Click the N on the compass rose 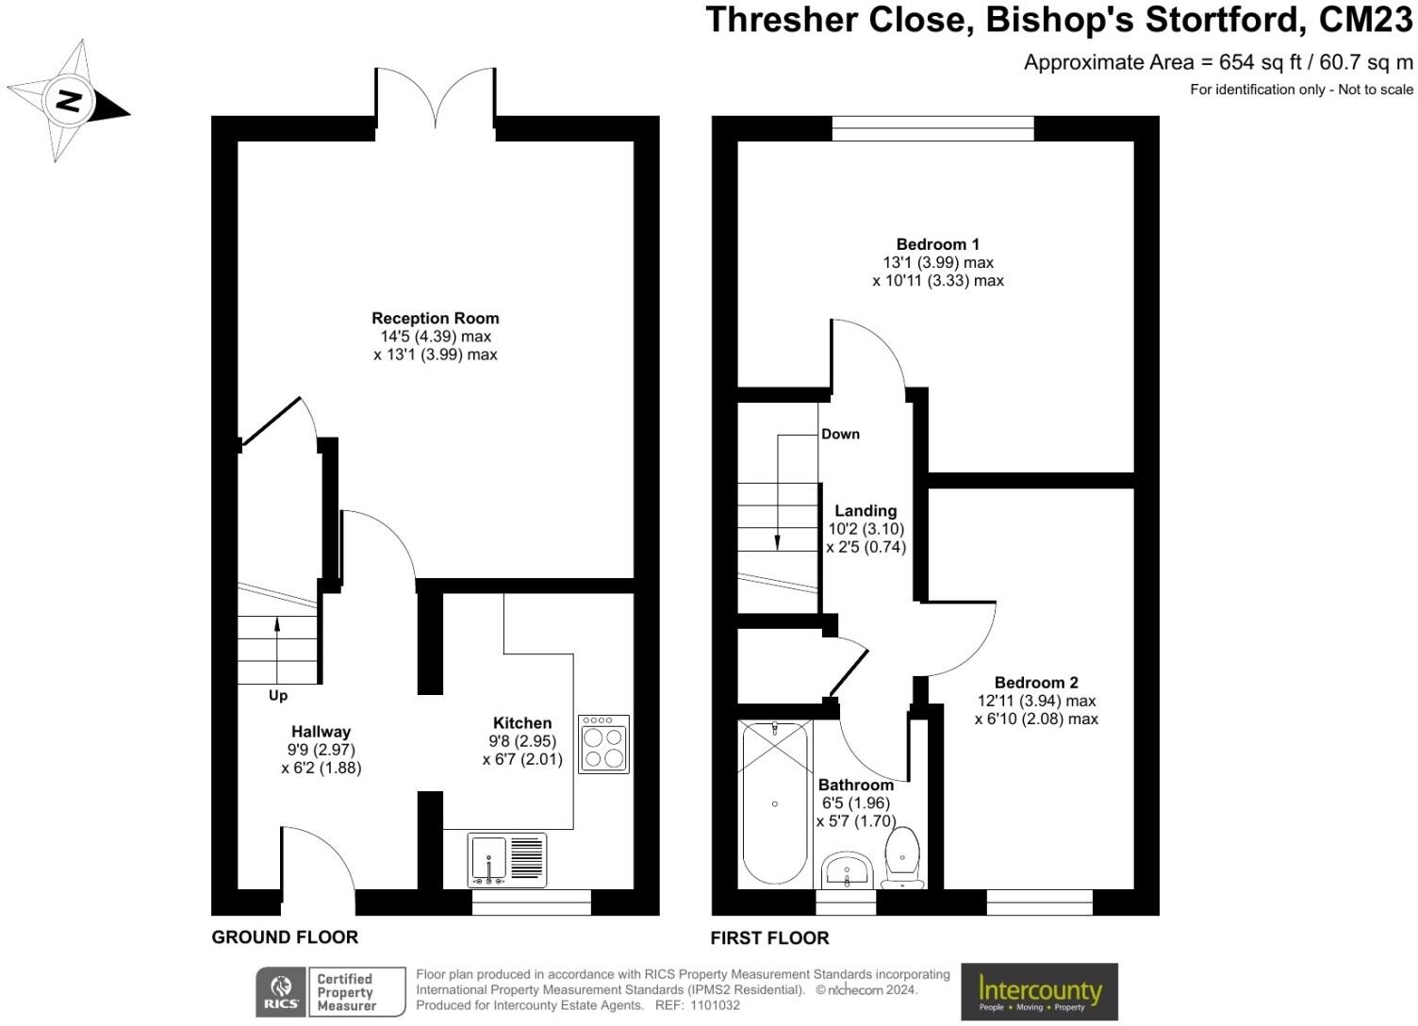click(x=69, y=101)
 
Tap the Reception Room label click(x=436, y=318)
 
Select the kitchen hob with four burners click(x=604, y=744)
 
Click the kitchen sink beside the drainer click(x=488, y=860)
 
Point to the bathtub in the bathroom click(x=775, y=803)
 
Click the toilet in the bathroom click(x=902, y=857)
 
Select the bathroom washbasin click(x=847, y=870)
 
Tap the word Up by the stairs click(x=278, y=696)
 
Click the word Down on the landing click(x=840, y=434)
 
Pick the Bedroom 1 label click(x=937, y=244)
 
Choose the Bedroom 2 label click(x=1036, y=682)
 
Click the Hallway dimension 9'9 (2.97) click(x=321, y=750)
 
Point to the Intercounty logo click(x=1039, y=992)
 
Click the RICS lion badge click(x=281, y=992)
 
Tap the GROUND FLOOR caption click(x=285, y=936)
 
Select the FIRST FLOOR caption click(x=769, y=938)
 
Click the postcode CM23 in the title click(x=1366, y=20)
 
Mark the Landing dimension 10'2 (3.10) click(x=866, y=529)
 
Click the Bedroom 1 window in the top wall click(x=932, y=128)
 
